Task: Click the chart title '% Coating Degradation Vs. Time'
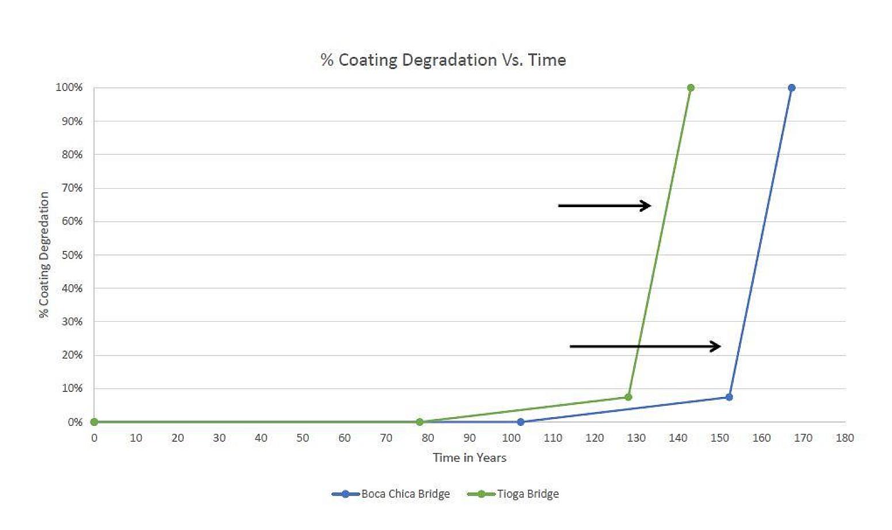[x=443, y=60]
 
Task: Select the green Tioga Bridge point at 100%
[x=691, y=88]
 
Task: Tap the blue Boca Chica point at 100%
[x=791, y=88]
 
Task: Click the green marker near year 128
[x=628, y=397]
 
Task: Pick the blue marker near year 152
[x=729, y=397]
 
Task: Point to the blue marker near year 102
[x=521, y=422]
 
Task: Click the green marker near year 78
[x=420, y=422]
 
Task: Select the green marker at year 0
[x=94, y=422]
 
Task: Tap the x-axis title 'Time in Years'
[x=470, y=457]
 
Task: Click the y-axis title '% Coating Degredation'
[x=44, y=255]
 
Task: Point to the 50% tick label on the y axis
[x=73, y=255]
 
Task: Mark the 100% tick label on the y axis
[x=70, y=87]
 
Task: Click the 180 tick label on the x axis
[x=845, y=438]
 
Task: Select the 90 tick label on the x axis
[x=470, y=438]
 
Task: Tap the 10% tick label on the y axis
[x=73, y=388]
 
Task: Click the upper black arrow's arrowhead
[x=646, y=205]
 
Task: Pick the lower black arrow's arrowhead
[x=716, y=346]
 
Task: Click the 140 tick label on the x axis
[x=678, y=438]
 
